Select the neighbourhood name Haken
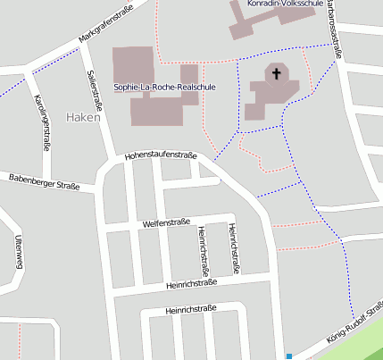point(82,117)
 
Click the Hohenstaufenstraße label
point(161,155)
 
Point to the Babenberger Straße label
point(45,182)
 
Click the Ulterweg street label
point(18,250)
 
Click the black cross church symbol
point(277,73)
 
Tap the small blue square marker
point(288,356)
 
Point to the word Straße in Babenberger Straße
point(65,186)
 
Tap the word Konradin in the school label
point(267,4)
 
